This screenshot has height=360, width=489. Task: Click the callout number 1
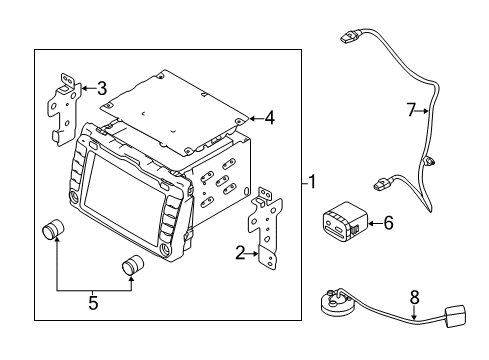pos(312,182)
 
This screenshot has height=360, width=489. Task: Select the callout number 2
pos(240,255)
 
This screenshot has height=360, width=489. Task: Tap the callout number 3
pos(102,87)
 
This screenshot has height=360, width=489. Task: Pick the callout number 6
pos(388,225)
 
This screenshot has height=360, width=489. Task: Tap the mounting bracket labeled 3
pos(65,104)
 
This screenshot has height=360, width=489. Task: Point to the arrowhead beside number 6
pos(372,225)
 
